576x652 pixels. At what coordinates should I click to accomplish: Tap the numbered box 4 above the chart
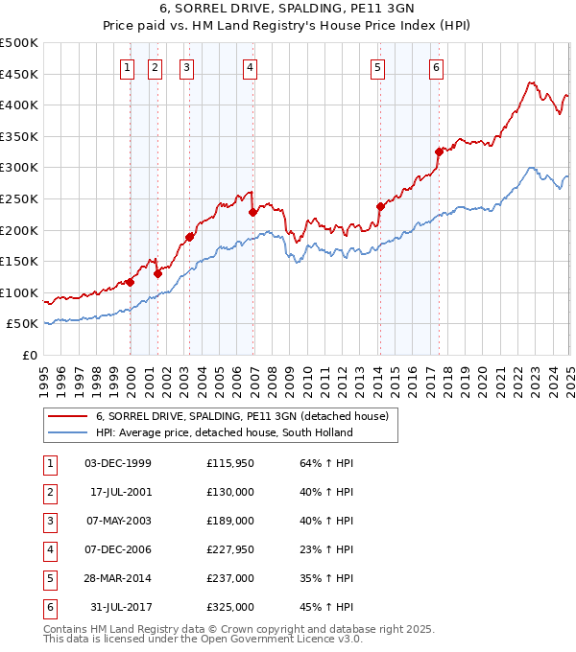coord(250,67)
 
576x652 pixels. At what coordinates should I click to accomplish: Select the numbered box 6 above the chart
coord(436,67)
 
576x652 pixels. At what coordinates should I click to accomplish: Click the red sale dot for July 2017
coord(439,151)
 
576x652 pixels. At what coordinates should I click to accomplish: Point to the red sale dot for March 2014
coord(380,206)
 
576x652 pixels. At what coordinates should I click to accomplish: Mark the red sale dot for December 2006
coord(252,212)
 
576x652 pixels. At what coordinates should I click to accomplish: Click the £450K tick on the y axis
coord(19,74)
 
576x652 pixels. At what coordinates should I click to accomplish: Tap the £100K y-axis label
coord(19,292)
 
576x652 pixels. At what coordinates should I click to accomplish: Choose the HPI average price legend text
coord(224,432)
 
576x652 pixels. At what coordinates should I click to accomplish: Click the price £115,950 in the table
coord(230,463)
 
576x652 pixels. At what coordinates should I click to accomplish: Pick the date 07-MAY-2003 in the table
coord(118,521)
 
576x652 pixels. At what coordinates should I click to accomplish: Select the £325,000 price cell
coord(230,607)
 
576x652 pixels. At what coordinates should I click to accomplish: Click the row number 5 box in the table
coord(50,578)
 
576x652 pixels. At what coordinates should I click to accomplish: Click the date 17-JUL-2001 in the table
coord(120,492)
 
